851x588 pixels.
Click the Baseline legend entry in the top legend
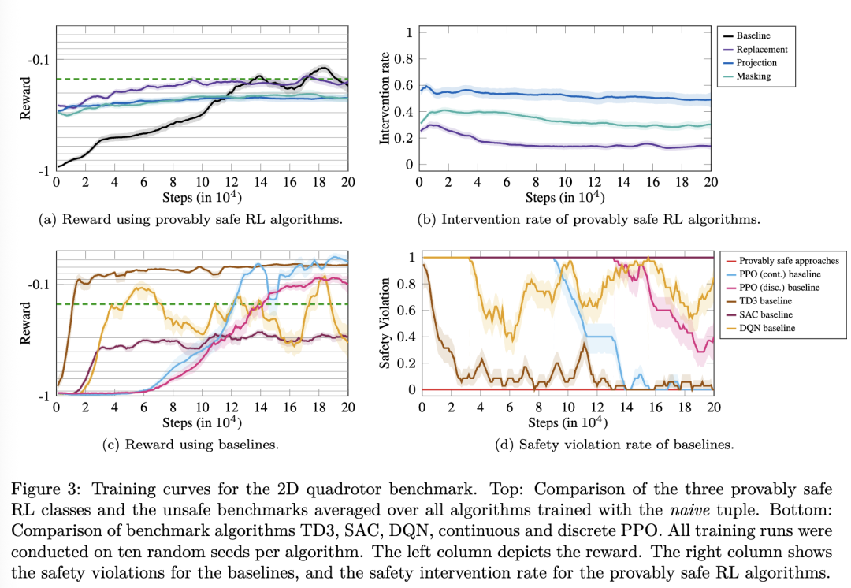point(753,35)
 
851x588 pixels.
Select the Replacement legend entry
point(761,49)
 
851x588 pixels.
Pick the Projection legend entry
point(756,62)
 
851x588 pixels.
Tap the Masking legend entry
point(753,76)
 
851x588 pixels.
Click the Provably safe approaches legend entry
point(789,260)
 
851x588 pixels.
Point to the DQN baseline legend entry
point(767,327)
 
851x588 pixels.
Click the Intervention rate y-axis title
point(385,99)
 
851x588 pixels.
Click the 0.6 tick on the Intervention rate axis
point(403,85)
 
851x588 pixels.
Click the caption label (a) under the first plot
point(49,219)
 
